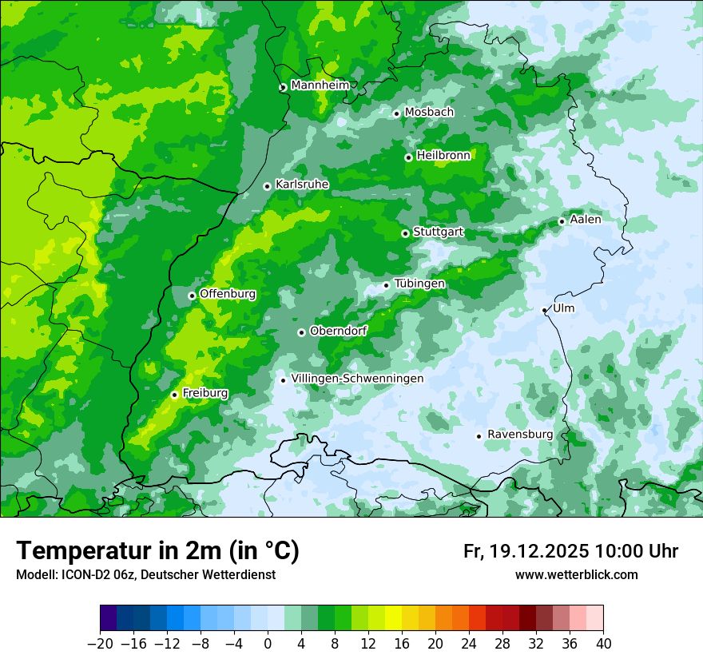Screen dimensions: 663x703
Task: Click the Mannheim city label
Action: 320,85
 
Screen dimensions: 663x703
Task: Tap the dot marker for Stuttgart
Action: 405,233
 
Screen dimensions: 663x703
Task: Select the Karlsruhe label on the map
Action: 302,185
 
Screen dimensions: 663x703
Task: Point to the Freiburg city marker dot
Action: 174,395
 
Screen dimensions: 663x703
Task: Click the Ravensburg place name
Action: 520,435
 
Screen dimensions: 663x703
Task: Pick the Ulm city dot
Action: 544,310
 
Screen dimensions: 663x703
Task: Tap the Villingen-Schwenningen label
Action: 357,379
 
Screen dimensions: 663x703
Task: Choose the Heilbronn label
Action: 443,156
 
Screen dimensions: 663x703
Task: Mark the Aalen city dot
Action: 562,221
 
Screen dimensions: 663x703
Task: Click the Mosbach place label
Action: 429,113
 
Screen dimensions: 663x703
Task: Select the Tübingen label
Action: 419,284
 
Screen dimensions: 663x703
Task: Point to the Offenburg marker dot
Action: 192,296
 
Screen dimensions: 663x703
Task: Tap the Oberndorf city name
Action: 339,331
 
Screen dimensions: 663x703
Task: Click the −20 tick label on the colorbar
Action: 100,644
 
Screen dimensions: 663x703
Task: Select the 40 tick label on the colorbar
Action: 603,644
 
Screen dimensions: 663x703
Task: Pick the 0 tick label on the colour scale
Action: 268,644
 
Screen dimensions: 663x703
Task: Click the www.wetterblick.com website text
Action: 576,575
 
